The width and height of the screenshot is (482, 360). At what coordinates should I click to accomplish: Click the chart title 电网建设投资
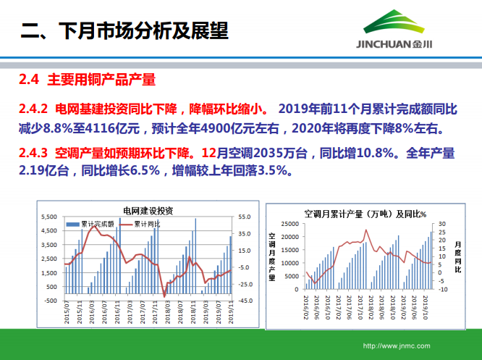[x=148, y=211]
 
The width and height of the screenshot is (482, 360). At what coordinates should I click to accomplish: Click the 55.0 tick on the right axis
[x=245, y=217]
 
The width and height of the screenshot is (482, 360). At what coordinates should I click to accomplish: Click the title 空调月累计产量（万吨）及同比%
[x=365, y=214]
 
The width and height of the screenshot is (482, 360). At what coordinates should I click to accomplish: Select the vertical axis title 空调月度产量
[x=273, y=256]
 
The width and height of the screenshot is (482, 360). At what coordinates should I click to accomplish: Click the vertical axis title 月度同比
[x=458, y=256]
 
